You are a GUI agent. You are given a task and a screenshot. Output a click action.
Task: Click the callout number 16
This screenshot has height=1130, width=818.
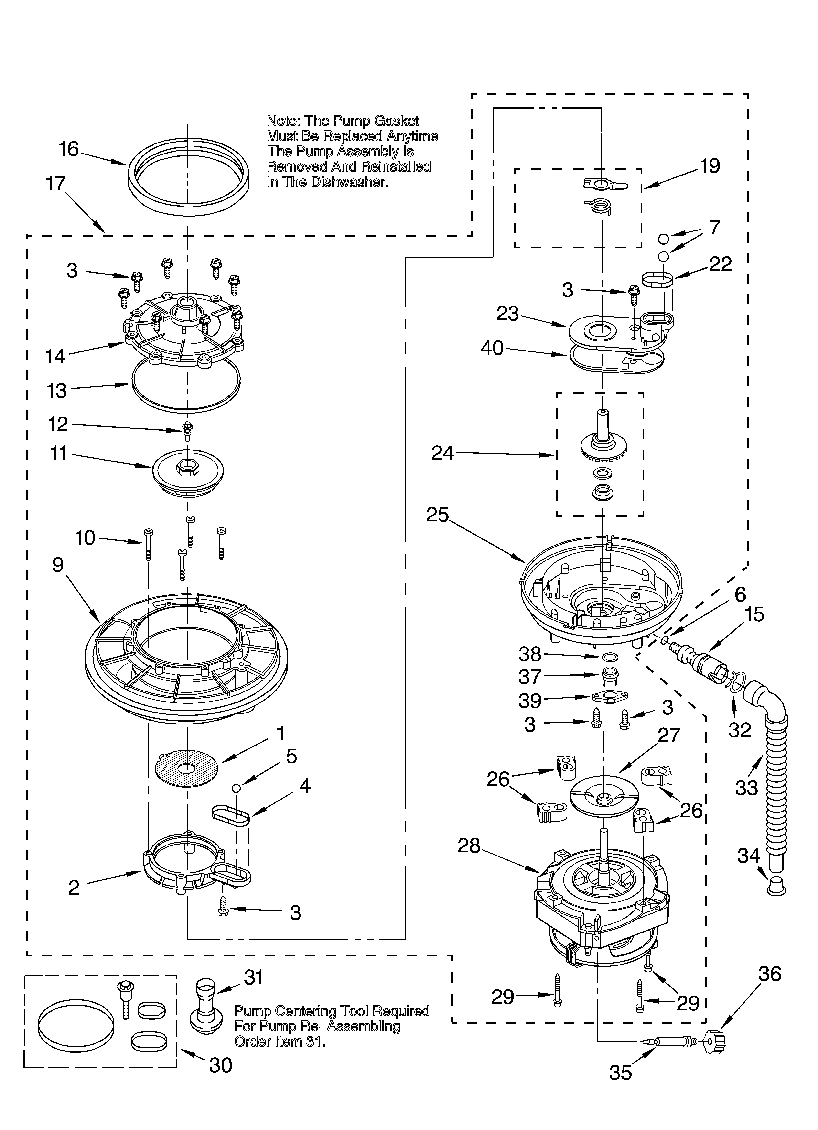pos(69,149)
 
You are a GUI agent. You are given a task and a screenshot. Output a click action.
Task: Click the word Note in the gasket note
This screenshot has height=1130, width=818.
pos(282,121)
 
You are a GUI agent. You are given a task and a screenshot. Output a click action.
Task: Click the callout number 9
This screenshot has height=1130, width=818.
pos(58,565)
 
